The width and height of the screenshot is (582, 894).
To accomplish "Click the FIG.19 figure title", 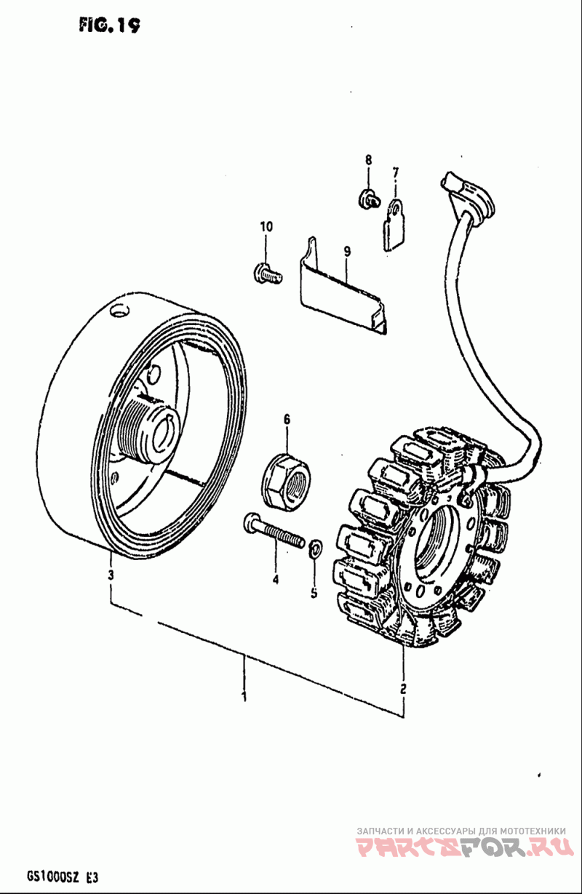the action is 110,25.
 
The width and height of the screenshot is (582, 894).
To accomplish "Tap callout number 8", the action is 368,159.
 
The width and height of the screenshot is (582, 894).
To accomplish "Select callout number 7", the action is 396,172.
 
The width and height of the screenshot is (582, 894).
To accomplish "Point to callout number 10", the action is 266,227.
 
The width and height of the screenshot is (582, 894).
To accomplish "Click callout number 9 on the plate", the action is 347,252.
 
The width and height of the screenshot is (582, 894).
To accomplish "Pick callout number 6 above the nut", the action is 287,419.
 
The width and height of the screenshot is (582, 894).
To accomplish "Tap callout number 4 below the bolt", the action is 276,580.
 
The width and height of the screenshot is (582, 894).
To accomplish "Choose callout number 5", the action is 314,594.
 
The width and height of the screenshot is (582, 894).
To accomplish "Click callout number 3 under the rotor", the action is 111,575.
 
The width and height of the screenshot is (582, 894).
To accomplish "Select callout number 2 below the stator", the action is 403,687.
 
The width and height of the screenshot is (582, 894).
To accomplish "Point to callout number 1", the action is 244,696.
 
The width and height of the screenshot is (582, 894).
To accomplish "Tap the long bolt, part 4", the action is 275,530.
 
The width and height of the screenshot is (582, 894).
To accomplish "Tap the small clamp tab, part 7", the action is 394,225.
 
